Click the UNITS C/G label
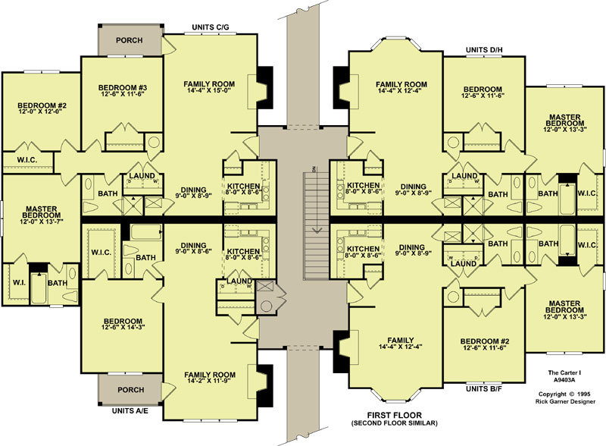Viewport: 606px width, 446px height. (211, 27)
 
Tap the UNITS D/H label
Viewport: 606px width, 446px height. (484, 50)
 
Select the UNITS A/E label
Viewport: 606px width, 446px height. (130, 411)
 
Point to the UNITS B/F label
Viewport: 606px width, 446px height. (484, 388)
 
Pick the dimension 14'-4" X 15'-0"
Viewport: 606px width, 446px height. (209, 90)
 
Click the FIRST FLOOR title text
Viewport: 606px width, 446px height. (394, 416)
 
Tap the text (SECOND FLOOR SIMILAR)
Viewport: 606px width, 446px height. (394, 423)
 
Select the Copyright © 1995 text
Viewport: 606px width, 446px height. (564, 394)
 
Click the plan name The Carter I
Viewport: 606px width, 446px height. (564, 373)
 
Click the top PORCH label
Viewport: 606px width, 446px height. (129, 40)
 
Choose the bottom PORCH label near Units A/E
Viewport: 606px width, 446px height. (130, 390)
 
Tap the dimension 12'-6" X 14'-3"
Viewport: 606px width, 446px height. (123, 327)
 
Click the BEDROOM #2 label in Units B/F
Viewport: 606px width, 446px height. (485, 341)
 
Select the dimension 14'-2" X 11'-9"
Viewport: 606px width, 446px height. (210, 381)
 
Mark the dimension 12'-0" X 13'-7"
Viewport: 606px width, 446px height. (42, 221)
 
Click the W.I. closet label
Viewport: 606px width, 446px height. (20, 283)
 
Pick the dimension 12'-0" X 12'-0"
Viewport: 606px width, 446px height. (40, 111)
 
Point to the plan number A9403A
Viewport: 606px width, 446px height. (564, 380)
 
